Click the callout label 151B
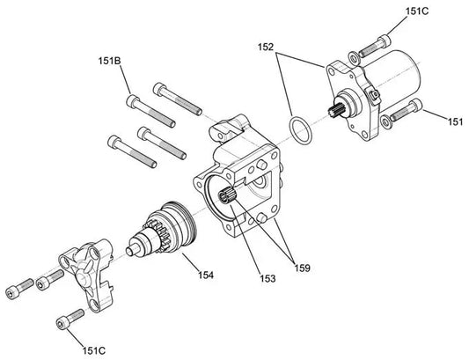point(109,61)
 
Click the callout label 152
point(266,47)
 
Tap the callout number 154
point(206,275)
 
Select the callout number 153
point(267,279)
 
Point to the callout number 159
point(302,268)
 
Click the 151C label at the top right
point(417,11)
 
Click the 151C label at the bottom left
point(94,350)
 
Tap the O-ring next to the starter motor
point(300,130)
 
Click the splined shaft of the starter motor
point(334,109)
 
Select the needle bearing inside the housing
point(227,195)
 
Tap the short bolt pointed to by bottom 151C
point(70,319)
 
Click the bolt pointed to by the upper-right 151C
point(375,46)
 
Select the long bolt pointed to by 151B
point(150,111)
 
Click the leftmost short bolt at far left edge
point(19,289)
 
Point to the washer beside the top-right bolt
point(354,57)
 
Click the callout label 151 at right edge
point(455,121)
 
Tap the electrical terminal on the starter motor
point(374,96)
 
